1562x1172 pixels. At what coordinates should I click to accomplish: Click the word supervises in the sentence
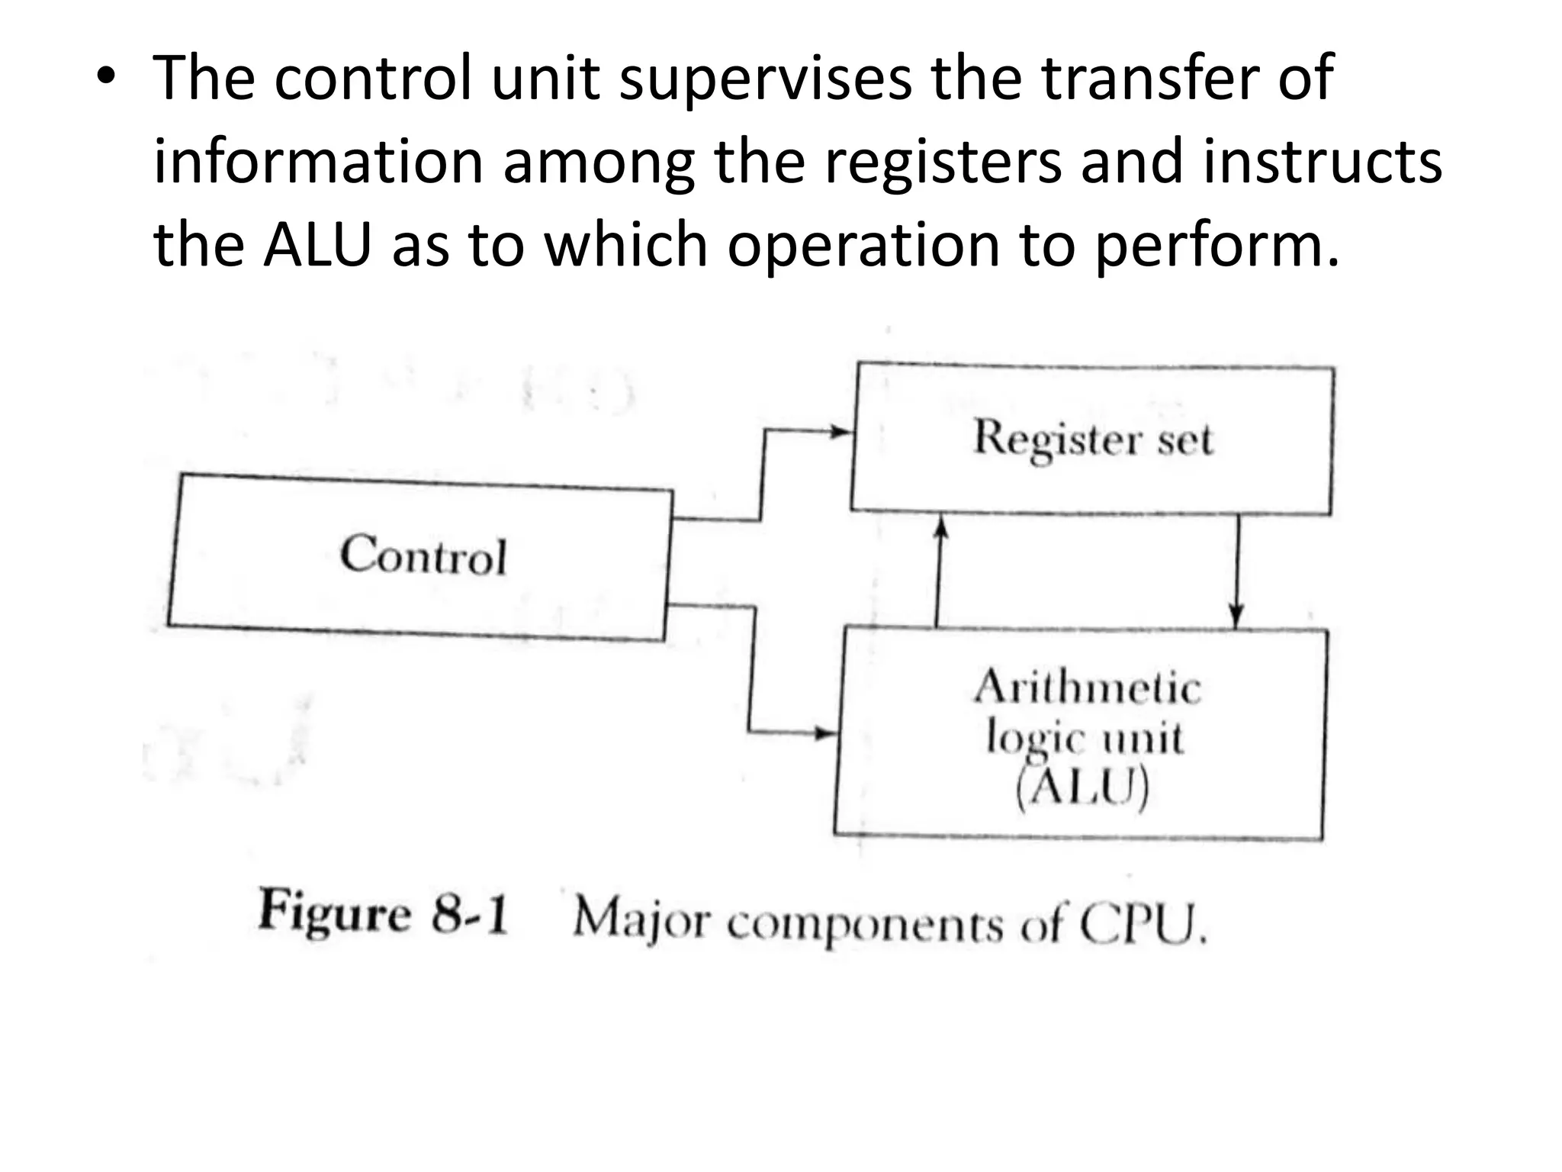click(765, 79)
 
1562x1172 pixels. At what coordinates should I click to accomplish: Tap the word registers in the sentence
click(943, 162)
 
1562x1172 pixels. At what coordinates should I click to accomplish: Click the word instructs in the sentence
click(1323, 162)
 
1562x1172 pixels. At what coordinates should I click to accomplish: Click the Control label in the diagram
click(423, 555)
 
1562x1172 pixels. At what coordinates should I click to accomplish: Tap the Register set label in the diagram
click(1092, 439)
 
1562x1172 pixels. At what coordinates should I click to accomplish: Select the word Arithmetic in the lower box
click(1088, 687)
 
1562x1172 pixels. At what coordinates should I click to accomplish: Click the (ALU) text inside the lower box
click(1082, 787)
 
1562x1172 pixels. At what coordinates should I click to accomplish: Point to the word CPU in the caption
click(1141, 926)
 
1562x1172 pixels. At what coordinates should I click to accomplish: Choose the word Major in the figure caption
click(641, 920)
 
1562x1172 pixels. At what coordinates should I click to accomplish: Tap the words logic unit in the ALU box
click(1085, 739)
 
